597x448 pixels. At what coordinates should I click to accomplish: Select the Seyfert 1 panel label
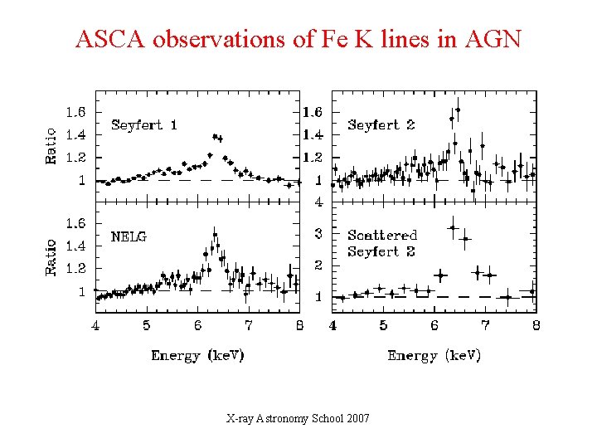point(144,125)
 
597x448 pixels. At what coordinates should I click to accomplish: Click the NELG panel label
point(129,236)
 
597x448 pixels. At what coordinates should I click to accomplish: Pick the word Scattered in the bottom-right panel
point(382,236)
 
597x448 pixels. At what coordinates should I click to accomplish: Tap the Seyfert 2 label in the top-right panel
point(381,125)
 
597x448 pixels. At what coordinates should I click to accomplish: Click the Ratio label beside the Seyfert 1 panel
point(51,146)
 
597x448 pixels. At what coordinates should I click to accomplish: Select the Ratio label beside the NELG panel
point(51,257)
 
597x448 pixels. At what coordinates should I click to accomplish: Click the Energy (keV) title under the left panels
point(197,355)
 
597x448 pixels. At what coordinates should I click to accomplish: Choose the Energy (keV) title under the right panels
point(434,355)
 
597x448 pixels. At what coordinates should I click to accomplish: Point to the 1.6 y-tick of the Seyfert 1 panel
point(76,112)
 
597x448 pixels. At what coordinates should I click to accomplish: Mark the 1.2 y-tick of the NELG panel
point(76,269)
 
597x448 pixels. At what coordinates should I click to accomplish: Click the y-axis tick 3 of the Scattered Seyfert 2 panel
point(318,234)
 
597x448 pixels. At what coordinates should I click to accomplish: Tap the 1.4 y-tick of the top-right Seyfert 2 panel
point(313,134)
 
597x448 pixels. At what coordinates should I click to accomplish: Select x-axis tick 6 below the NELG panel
point(197,326)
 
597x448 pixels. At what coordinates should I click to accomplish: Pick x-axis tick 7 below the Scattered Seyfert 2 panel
point(486,326)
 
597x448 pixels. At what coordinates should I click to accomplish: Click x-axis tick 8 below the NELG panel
point(298,326)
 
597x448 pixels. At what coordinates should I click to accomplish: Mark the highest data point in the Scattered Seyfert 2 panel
point(453,227)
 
